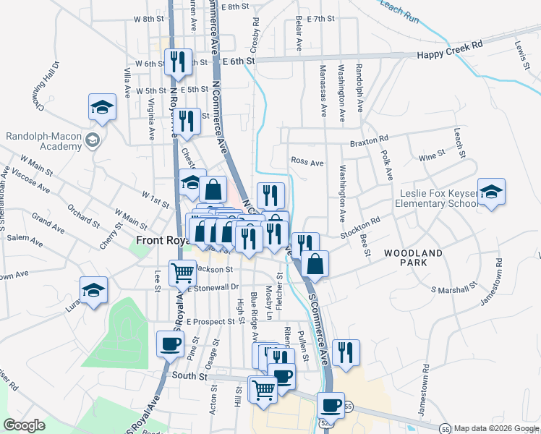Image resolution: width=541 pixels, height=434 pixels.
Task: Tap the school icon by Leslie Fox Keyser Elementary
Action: tap(491, 193)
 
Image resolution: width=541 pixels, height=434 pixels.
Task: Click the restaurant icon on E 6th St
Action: tap(176, 62)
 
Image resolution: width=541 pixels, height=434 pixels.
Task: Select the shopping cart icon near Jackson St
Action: tap(182, 273)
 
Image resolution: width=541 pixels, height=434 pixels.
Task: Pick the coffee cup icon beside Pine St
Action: tap(170, 345)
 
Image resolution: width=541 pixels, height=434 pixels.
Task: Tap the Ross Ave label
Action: tap(307, 163)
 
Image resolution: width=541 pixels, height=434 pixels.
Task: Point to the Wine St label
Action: tap(432, 156)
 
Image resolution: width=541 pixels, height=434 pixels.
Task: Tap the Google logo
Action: tap(25, 425)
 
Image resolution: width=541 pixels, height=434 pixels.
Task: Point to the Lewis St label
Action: tap(519, 55)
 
